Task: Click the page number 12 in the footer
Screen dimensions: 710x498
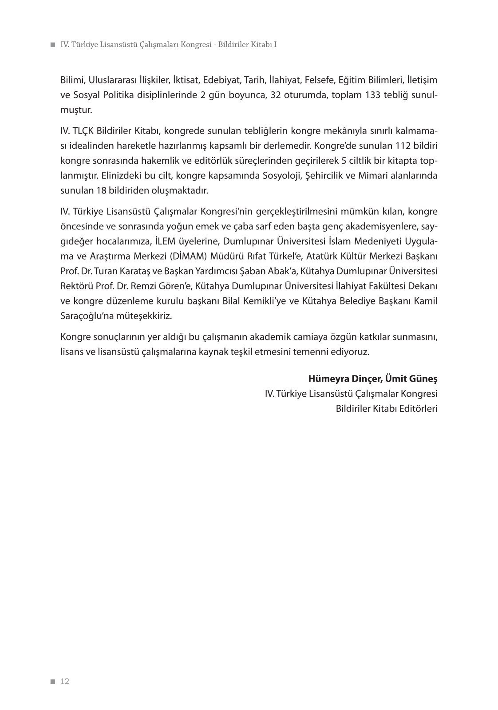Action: coord(65,682)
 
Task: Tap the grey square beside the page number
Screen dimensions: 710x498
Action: coord(53,682)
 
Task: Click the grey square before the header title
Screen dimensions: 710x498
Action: coord(53,45)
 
